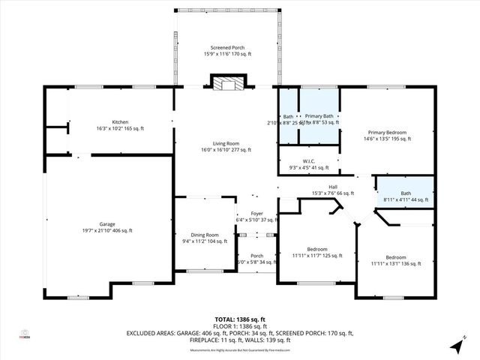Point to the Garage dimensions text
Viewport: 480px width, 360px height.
point(106,231)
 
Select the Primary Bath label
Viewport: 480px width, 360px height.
point(318,117)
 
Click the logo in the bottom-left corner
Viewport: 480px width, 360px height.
point(24,333)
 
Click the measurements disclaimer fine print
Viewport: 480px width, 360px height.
point(239,350)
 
